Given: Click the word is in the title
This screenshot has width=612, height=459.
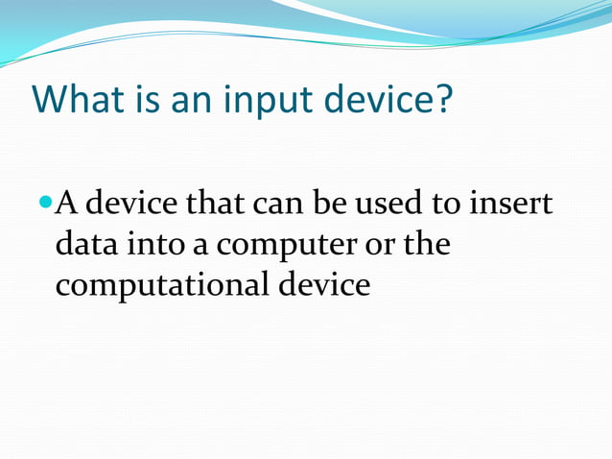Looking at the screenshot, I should [x=144, y=100].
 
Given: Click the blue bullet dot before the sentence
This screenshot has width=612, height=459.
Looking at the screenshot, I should [x=47, y=203].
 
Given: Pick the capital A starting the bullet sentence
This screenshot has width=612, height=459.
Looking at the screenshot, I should [x=67, y=204].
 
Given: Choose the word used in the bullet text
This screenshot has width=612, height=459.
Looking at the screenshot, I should [x=388, y=204].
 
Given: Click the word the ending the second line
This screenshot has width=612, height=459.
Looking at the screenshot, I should [x=426, y=245].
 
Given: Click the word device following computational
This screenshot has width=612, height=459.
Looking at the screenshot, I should [x=322, y=285].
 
